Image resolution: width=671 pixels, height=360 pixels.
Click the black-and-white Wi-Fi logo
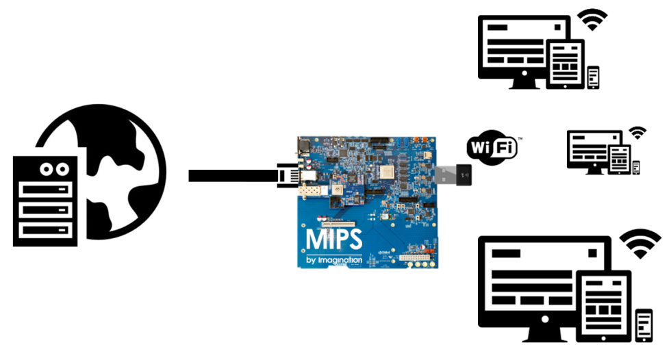(x=491, y=148)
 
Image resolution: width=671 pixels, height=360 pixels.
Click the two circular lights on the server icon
(x=54, y=168)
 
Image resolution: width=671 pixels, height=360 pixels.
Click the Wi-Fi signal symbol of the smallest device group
(x=637, y=133)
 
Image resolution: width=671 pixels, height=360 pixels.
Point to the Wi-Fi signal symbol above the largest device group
(x=640, y=244)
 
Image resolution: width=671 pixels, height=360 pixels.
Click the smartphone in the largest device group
(x=644, y=324)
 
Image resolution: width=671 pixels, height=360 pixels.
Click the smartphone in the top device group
(x=593, y=77)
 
